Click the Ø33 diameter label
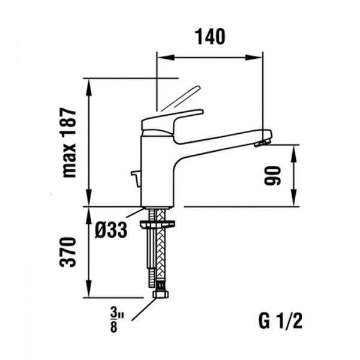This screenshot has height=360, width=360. (112, 230)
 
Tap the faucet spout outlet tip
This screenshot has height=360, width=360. (262, 143)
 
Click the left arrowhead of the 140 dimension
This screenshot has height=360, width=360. (161, 57)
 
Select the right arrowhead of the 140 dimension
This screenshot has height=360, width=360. (259, 57)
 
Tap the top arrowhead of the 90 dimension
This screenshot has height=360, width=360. (295, 149)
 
